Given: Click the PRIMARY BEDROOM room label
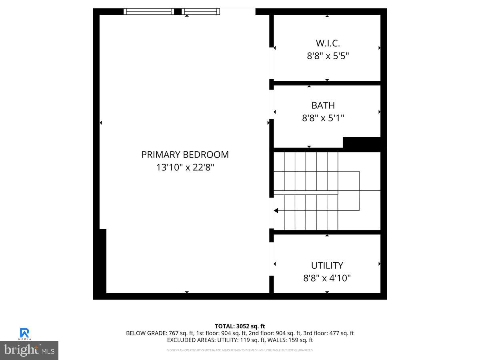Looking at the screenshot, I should pos(185,154).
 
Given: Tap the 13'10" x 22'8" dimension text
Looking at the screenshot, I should pos(185,167).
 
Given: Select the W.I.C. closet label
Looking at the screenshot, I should pos(328,43).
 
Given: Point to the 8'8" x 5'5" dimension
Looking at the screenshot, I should pos(328,56).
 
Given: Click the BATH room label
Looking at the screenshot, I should pos(323,105).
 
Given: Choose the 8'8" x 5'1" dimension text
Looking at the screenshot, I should pos(323,118).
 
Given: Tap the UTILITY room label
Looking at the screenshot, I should pos(327,265).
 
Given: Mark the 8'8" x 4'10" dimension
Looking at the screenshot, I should pos(327,278).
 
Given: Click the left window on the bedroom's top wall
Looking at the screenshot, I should pos(149,12).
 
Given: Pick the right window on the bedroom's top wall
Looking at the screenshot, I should pos(201,12).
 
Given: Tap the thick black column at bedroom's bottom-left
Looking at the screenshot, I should pos(100,262).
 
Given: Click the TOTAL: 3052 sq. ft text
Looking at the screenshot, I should pos(240,326).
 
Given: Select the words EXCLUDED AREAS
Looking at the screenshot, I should pos(191,340).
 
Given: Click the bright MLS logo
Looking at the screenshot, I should pos(29,350).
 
